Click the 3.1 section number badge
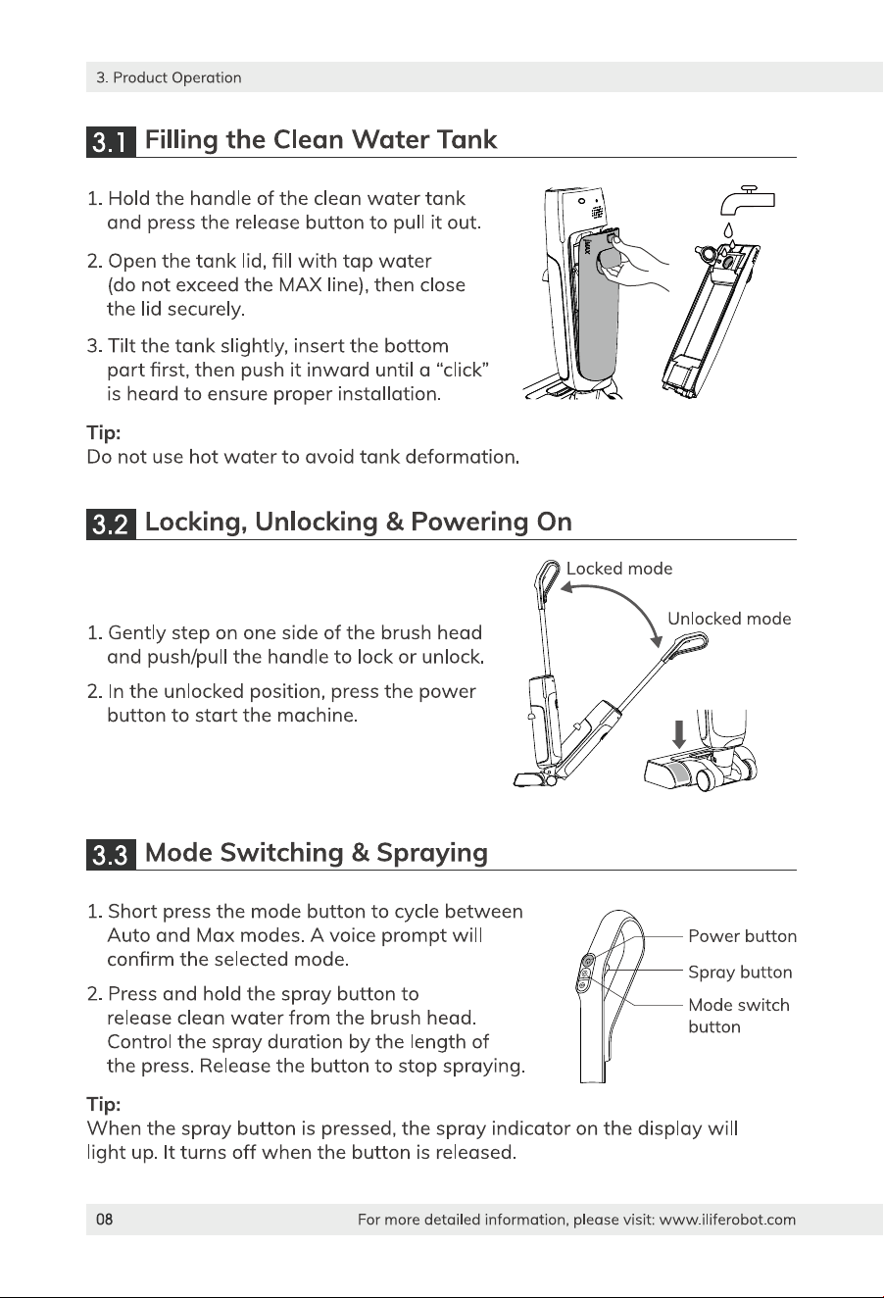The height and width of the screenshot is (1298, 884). tap(111, 141)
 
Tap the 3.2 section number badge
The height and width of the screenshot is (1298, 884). tap(111, 524)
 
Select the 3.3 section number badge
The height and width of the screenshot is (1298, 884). tap(111, 854)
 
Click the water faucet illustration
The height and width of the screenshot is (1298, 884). tap(748, 200)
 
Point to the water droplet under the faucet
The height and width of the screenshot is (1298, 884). tap(728, 230)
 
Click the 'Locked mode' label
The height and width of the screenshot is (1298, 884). tap(619, 569)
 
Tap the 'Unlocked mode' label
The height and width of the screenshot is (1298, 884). tap(729, 619)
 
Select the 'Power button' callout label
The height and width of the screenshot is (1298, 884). tap(743, 936)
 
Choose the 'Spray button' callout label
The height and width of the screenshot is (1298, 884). tap(740, 972)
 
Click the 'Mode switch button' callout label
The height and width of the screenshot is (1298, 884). tap(739, 1016)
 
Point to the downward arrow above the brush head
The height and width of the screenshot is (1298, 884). tap(679, 734)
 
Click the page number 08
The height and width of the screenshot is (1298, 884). tap(104, 1220)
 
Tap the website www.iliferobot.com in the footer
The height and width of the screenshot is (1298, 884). tap(727, 1220)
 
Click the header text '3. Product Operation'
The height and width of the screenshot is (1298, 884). tap(169, 77)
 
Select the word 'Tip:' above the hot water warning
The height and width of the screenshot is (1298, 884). tap(104, 433)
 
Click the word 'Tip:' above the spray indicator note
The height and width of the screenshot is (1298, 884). tap(104, 1104)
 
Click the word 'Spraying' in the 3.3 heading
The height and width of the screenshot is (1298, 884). tap(432, 854)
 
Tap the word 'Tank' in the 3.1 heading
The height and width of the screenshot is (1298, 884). tap(467, 139)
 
